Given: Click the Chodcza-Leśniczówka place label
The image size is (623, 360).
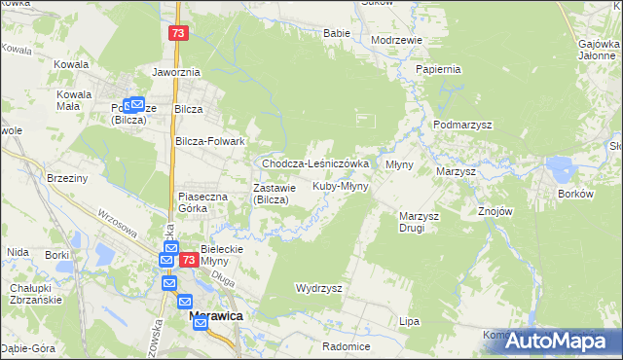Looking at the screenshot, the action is coord(314,164).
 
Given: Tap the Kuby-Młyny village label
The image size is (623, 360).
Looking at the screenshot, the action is coord(340,186).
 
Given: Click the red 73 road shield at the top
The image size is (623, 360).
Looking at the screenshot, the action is coord(177,33).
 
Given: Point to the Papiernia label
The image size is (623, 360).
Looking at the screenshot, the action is coord(437,70).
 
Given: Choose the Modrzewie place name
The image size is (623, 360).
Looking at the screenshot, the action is coord(396,40).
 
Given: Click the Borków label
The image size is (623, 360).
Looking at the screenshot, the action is coord(575,194).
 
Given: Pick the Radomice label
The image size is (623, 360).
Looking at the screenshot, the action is coord(347,346).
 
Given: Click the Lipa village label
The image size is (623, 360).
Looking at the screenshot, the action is coord(409,320).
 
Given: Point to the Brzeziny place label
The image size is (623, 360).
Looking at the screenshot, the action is coord(67,178).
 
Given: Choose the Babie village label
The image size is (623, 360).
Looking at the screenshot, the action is coord(336,33).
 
